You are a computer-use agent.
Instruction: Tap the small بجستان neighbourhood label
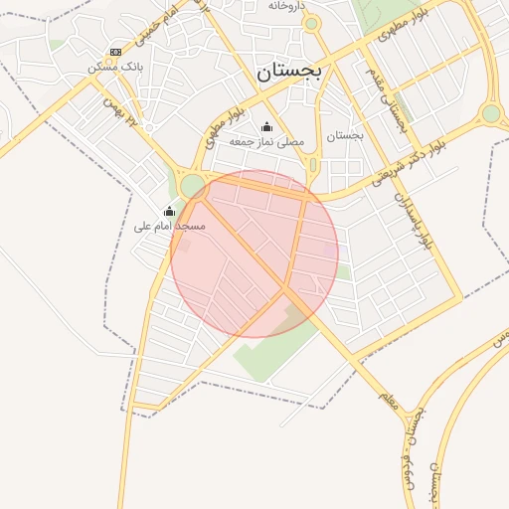coord(345,135)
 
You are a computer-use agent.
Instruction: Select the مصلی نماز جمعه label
coord(266,142)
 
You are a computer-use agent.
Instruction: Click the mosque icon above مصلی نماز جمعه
coord(266,126)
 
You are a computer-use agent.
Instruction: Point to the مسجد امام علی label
coord(169,227)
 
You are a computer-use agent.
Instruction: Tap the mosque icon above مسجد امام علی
coord(169,211)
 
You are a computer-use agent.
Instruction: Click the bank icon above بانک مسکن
coord(116,52)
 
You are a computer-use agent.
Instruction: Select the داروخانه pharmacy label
coord(284,6)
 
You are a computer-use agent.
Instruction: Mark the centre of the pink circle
coord(254,254)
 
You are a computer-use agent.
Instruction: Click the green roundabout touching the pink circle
coord(191,185)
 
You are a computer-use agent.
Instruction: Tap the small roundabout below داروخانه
coord(311,23)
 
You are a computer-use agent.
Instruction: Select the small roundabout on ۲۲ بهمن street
coord(148,127)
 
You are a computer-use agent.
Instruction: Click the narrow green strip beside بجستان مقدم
coord(314,164)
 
